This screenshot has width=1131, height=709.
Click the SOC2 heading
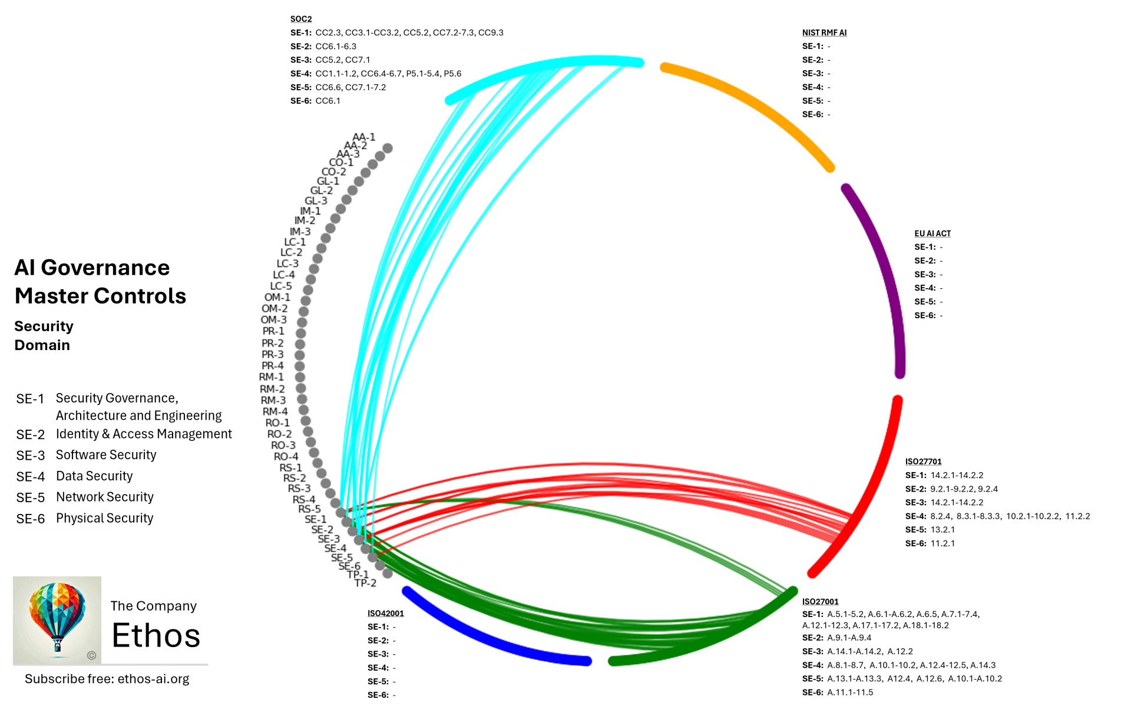click(301, 19)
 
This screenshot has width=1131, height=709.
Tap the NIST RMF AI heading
click(824, 32)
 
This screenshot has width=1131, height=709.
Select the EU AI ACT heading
click(932, 233)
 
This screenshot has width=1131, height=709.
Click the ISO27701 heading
click(923, 461)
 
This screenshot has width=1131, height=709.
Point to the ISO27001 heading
click(820, 601)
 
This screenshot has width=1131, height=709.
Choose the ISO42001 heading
click(385, 613)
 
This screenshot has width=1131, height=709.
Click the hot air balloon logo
click(57, 619)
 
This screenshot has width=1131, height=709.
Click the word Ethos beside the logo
click(156, 635)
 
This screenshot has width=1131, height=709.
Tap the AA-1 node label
click(363, 137)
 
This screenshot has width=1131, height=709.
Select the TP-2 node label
click(365, 583)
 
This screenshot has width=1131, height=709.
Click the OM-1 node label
click(277, 298)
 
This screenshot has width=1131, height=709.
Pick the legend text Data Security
click(94, 476)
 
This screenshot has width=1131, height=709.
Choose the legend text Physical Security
click(104, 518)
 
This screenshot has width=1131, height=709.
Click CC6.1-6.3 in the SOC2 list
click(336, 46)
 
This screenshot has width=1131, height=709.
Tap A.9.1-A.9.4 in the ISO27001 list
click(849, 638)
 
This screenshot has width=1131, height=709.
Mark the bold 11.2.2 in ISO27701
click(1077, 516)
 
